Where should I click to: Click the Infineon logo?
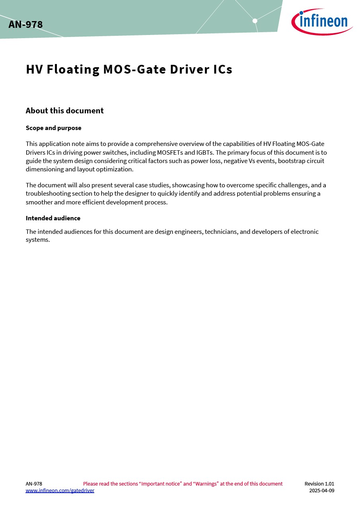(x=322, y=21)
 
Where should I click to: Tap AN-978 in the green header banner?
(x=25, y=25)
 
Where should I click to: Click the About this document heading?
(x=64, y=111)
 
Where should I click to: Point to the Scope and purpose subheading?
(x=53, y=128)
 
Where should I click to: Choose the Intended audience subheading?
(x=53, y=218)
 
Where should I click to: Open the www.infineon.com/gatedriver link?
(x=60, y=491)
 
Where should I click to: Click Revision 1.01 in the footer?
(x=319, y=484)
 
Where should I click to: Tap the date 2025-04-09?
(x=321, y=491)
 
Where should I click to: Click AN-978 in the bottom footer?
(x=34, y=484)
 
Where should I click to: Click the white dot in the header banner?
(x=255, y=21)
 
